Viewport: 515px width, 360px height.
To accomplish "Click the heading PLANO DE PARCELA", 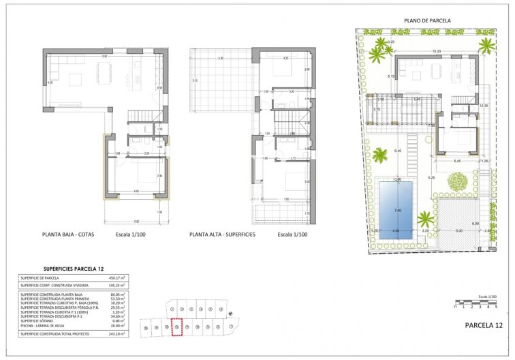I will tap(427, 21).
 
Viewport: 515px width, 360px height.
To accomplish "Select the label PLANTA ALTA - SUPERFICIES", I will tap(223, 235).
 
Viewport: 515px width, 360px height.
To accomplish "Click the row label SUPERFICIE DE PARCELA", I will tap(40, 278).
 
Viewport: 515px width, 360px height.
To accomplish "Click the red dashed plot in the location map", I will tap(177, 328).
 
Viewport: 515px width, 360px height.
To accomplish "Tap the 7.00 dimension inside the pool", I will tap(399, 210).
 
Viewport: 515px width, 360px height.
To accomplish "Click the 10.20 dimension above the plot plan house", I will tap(437, 51).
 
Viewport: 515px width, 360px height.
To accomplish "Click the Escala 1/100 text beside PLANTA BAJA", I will tap(131, 235).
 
